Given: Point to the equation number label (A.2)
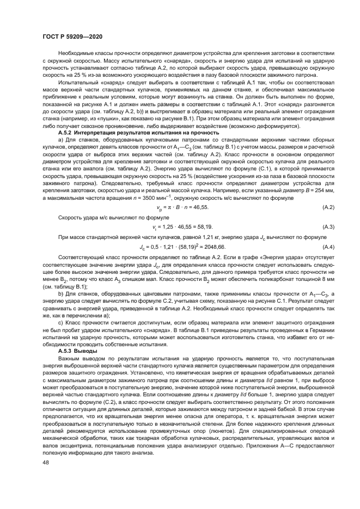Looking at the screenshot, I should (x=329, y=193).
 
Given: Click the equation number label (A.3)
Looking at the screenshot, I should (x=329, y=211).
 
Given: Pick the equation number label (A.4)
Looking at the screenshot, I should (x=329, y=232).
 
